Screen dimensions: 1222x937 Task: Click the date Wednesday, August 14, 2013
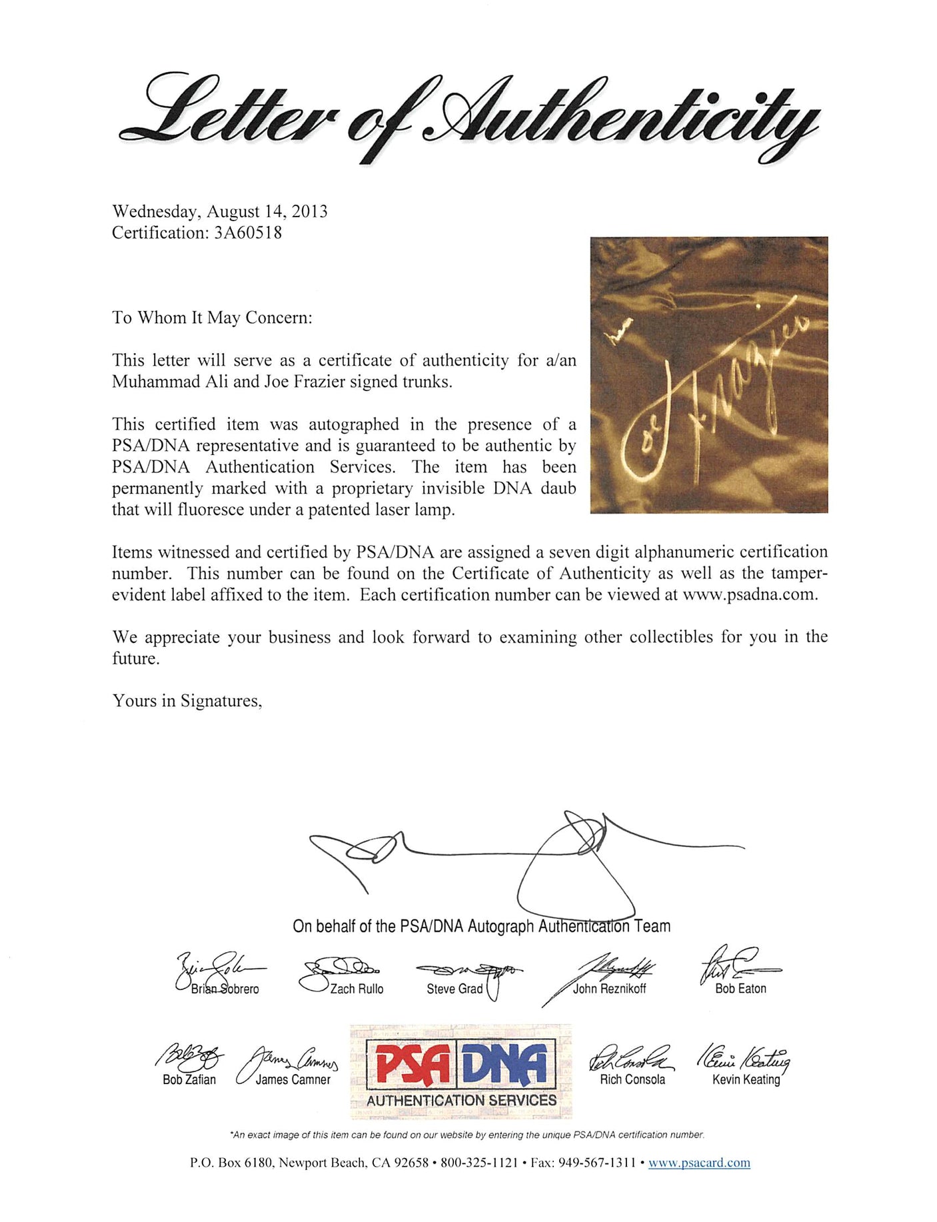coord(220,211)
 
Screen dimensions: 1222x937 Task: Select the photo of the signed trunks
coord(708,374)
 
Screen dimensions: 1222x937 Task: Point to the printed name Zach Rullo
coord(357,989)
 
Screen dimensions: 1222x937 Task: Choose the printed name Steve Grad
coord(455,989)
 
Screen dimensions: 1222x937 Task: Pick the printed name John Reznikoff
coord(609,989)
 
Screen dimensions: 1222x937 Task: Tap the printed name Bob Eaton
coord(740,989)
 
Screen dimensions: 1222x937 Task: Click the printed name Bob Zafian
coord(189,1079)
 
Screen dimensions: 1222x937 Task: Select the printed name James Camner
coord(293,1079)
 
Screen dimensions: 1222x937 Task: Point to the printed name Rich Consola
coord(632,1079)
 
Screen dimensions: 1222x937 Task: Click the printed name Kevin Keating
coord(746,1079)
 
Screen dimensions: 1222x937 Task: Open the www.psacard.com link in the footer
coord(699,1181)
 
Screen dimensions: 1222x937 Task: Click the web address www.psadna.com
coord(749,594)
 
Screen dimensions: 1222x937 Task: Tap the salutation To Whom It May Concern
coord(212,317)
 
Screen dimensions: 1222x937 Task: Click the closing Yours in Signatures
coord(187,700)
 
